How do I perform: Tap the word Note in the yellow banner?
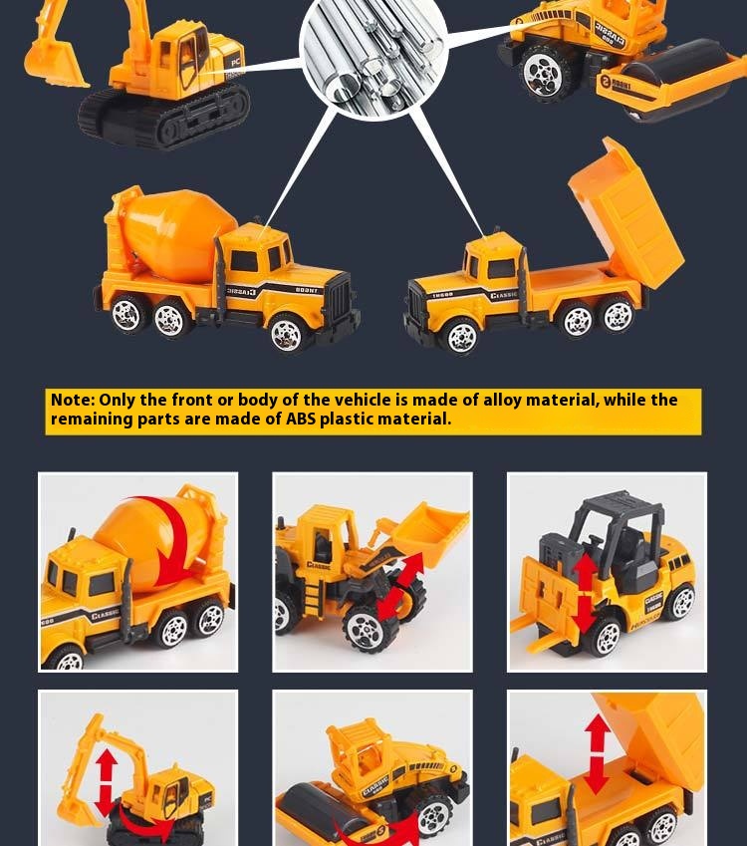[x=72, y=401]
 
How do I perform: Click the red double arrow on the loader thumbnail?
[x=399, y=587]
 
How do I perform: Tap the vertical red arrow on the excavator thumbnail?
[x=107, y=781]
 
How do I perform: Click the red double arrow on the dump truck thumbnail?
[x=598, y=753]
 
